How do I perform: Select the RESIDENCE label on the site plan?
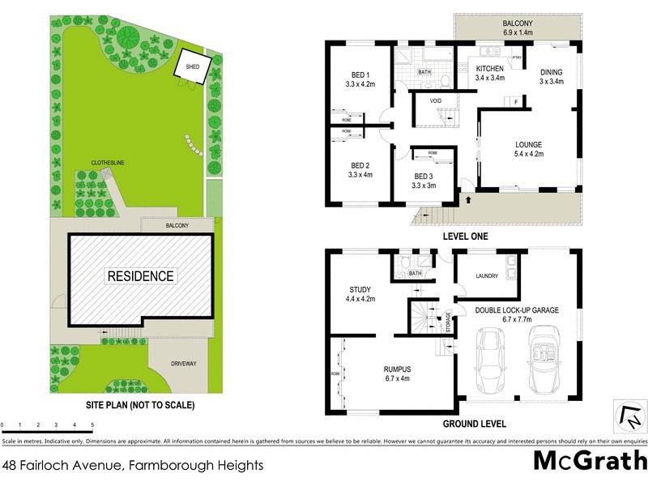[x=141, y=276]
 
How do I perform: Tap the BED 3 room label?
[x=424, y=177]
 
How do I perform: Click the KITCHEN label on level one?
[x=490, y=69]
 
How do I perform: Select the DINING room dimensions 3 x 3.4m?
[x=551, y=81]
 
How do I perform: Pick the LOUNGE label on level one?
[x=528, y=145]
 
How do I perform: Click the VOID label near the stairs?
[x=436, y=100]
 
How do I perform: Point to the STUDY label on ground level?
[x=360, y=288]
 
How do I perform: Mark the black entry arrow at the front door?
[x=467, y=198]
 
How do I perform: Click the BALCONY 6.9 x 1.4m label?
[x=517, y=29]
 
